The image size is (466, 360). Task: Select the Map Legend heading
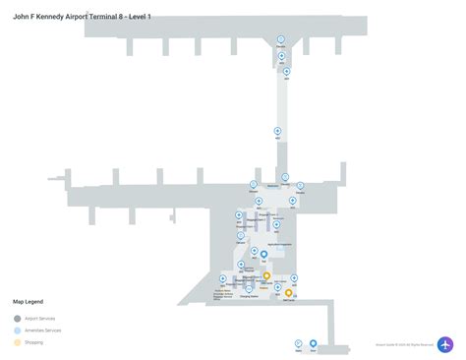[28, 302]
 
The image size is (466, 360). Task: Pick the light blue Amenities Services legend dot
[17, 331]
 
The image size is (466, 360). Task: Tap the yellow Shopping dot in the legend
[17, 344]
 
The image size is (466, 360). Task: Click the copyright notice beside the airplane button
[404, 344]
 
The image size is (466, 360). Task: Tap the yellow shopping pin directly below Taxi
[266, 276]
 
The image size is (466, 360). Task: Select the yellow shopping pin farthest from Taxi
[289, 292]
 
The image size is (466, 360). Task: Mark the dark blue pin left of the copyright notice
[314, 343]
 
